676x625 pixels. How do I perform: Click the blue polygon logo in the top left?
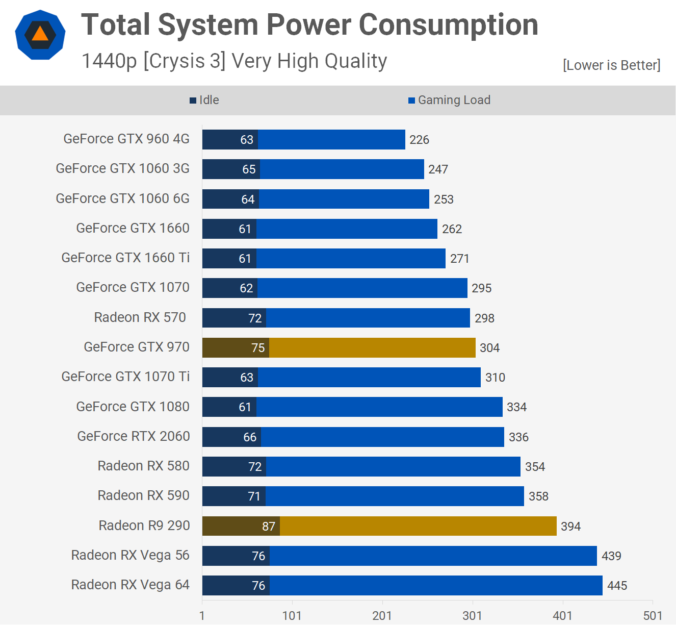pos(40,35)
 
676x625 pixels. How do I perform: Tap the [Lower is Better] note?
pos(611,65)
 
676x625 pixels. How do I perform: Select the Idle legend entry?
pos(204,100)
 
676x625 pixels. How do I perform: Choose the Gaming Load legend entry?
pos(449,100)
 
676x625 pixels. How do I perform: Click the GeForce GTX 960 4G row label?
pos(126,139)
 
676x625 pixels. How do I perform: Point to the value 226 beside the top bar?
pos(419,140)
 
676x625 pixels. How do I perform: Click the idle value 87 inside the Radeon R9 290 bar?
pos(269,527)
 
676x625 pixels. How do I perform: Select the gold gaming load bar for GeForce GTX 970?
pos(372,347)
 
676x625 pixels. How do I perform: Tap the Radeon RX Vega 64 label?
pos(130,585)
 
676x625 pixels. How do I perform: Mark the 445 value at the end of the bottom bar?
pos(617,586)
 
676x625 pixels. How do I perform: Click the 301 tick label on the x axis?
pos(472,615)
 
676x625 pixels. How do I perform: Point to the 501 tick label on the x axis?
pos(653,615)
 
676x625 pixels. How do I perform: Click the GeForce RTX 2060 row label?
pos(133,436)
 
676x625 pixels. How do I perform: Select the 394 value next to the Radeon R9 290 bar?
pos(570,527)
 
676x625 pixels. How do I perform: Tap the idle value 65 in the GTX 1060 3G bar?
pos(249,169)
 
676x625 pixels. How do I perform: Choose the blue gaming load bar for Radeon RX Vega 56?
pos(433,556)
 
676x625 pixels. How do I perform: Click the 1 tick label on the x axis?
pos(202,615)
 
